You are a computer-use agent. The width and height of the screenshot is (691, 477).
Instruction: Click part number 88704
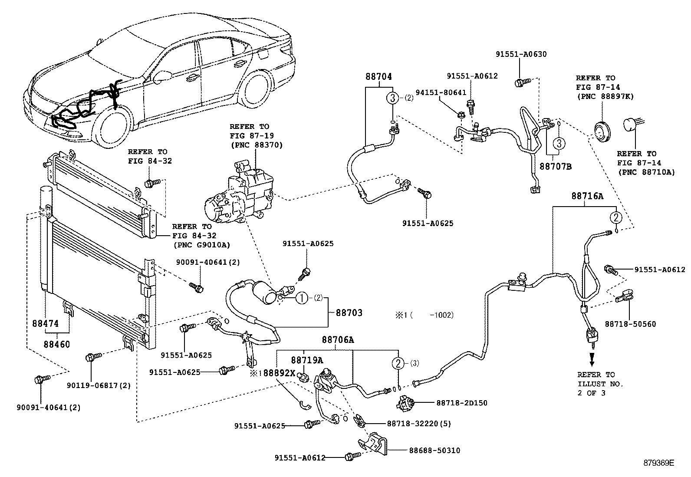pyautogui.click(x=378, y=77)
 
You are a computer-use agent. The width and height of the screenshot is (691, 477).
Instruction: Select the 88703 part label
pyautogui.click(x=349, y=313)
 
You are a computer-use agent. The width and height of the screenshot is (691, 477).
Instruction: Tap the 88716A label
pyautogui.click(x=587, y=196)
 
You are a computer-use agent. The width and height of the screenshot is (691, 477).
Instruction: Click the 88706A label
pyautogui.click(x=338, y=340)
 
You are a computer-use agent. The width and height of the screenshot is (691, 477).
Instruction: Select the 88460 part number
pyautogui.click(x=56, y=344)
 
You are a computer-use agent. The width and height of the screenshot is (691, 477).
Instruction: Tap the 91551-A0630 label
pyautogui.click(x=521, y=54)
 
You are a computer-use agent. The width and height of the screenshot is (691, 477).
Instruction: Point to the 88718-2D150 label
pyautogui.click(x=462, y=403)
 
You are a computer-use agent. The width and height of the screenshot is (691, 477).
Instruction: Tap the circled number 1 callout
pyautogui.click(x=302, y=298)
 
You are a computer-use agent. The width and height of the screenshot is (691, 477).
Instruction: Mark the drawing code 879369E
pyautogui.click(x=658, y=463)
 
